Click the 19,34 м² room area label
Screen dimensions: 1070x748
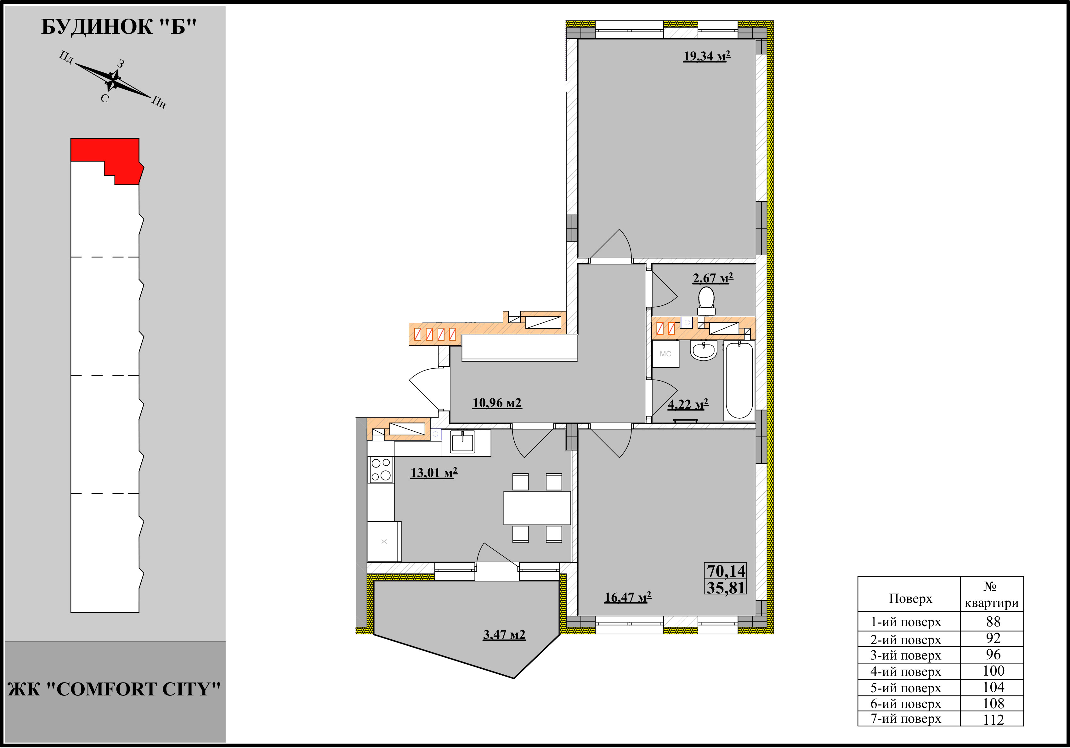pos(706,56)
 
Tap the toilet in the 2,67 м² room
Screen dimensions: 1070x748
pos(706,301)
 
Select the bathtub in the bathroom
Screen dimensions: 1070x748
pos(739,380)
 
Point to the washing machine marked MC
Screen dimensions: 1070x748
pos(665,354)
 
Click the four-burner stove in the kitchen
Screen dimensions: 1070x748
pos(381,469)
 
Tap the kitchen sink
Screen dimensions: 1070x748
pos(462,442)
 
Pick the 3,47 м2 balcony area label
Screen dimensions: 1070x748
pos(504,635)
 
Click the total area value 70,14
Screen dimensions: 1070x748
pos(726,571)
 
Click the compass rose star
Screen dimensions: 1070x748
pos(113,81)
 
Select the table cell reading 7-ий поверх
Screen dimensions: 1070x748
pos(906,719)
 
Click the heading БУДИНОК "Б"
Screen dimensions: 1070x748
pos(119,27)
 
